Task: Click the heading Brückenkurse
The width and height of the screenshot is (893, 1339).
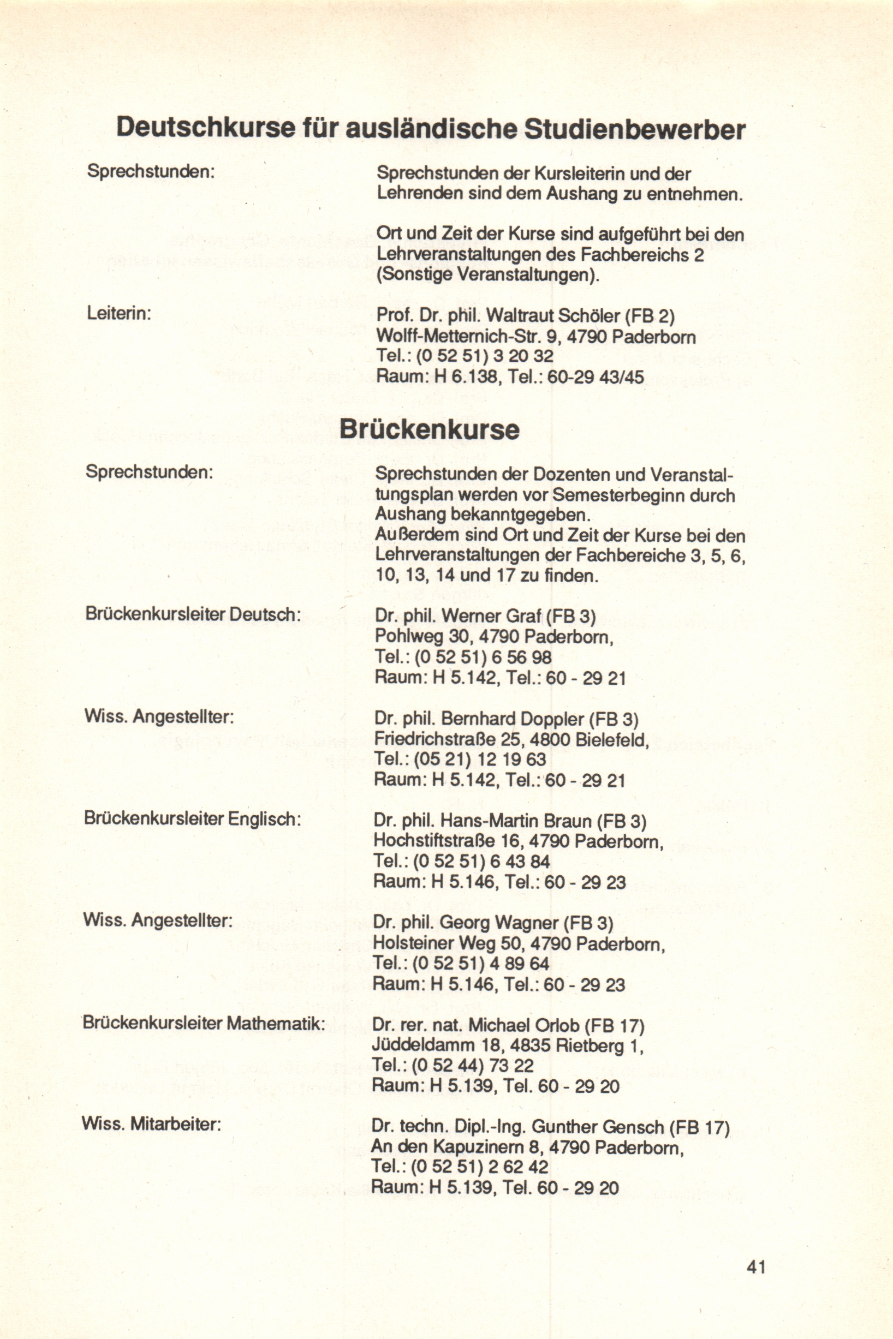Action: pyautogui.click(x=430, y=430)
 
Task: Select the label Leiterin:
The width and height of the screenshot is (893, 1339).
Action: pyautogui.click(x=118, y=313)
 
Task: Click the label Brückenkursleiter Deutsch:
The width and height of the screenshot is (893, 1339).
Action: pyautogui.click(x=193, y=614)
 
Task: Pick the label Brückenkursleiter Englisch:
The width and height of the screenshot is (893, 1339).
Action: pyautogui.click(x=192, y=818)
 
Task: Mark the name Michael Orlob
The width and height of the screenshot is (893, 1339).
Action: pyautogui.click(x=523, y=1026)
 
